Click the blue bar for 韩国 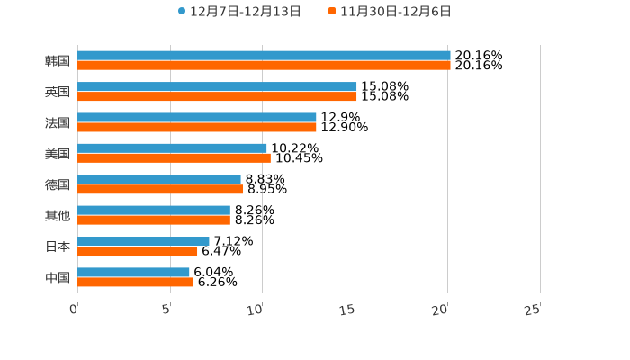pos(264,56)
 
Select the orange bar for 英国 pos(217,96)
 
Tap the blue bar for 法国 pos(197,117)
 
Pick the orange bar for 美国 pos(174,158)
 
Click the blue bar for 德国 pos(159,179)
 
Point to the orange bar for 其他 pos(154,220)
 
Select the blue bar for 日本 pos(143,241)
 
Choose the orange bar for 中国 pos(135,282)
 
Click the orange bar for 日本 pos(138,251)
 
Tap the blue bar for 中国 pos(133,272)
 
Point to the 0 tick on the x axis pos(74,310)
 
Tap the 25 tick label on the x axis pos(533,310)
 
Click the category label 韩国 pos(58,61)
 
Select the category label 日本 pos(58,247)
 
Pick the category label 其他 pos(58,215)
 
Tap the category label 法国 pos(58,122)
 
